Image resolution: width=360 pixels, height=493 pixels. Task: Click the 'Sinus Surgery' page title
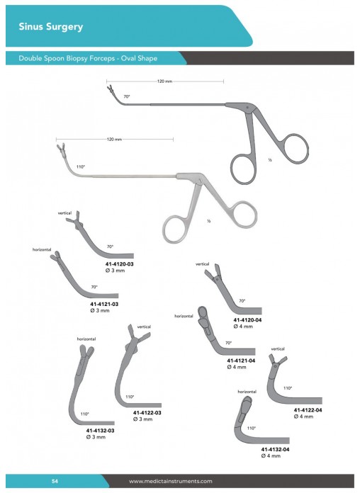50,27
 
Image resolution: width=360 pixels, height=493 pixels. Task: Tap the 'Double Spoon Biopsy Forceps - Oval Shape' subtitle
88,58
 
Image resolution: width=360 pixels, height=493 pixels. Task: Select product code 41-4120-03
119,264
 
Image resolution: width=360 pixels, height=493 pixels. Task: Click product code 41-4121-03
104,304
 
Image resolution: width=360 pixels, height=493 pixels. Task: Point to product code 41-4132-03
100,431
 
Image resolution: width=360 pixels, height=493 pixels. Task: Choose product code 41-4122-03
147,412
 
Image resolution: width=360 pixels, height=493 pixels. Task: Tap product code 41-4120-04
247,319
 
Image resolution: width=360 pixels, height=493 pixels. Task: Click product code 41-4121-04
241,361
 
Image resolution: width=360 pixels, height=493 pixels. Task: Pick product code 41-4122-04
308,410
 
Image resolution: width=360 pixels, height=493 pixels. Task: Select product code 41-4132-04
275,449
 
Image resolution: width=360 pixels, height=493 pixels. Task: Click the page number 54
55,481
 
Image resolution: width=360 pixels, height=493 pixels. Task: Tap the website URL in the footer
171,481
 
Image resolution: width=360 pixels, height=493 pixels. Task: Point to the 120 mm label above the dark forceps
165,81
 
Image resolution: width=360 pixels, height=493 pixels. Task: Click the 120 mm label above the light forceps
114,140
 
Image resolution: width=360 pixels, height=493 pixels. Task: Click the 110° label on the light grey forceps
81,166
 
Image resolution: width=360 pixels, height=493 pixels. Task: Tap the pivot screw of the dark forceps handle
247,108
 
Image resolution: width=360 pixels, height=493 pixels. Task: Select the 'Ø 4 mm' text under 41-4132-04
271,455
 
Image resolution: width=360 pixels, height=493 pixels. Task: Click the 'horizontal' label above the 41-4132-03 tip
86,339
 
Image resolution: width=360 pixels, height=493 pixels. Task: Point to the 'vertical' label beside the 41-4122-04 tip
278,348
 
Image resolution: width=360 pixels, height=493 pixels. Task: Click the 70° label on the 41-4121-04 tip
228,343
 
